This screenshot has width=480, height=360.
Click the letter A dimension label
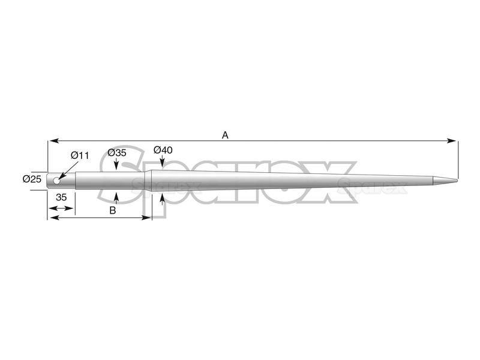coord(225,135)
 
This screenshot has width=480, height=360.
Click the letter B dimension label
coord(113,211)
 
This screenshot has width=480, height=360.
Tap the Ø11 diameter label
coord(80,155)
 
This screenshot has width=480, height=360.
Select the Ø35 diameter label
coord(117,152)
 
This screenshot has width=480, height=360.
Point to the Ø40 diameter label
coord(163,150)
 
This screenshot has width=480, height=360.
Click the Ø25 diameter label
coord(32,179)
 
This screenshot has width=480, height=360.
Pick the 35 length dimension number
coord(61,197)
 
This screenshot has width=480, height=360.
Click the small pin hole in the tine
coord(56,181)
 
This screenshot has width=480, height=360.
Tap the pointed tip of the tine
coord(457,180)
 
